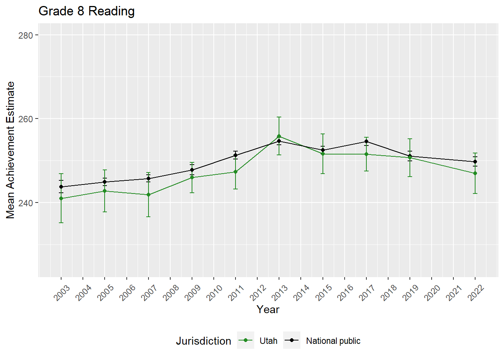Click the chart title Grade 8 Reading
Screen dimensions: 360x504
click(x=87, y=11)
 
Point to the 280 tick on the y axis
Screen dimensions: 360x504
click(x=25, y=35)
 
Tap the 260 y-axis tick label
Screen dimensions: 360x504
click(x=25, y=119)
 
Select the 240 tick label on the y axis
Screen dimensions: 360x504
click(x=25, y=203)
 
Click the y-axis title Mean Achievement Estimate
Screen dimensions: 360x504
click(x=10, y=150)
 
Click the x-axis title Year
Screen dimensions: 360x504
click(x=268, y=309)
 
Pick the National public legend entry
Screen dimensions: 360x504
click(x=333, y=341)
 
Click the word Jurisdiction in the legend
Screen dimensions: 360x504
click(x=204, y=341)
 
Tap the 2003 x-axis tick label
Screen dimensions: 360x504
click(x=62, y=292)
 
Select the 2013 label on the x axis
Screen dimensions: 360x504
click(x=280, y=292)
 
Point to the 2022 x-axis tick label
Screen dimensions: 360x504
click(x=476, y=292)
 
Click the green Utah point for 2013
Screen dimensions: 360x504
click(x=279, y=136)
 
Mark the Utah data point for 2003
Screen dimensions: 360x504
click(x=61, y=198)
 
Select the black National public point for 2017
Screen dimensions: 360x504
click(x=366, y=141)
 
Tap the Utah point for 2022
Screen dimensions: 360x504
click(x=475, y=173)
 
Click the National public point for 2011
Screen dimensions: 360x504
click(x=235, y=155)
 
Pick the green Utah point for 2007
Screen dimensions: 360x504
click(x=148, y=195)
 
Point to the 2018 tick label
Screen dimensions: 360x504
click(x=389, y=292)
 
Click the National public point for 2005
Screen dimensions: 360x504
click(x=105, y=182)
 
